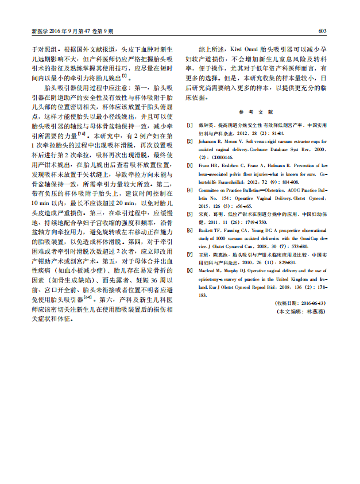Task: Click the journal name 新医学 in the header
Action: click(x=38, y=31)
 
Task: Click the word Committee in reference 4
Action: click(x=211, y=189)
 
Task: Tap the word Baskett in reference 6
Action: click(x=207, y=229)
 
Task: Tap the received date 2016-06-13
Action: click(x=312, y=302)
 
